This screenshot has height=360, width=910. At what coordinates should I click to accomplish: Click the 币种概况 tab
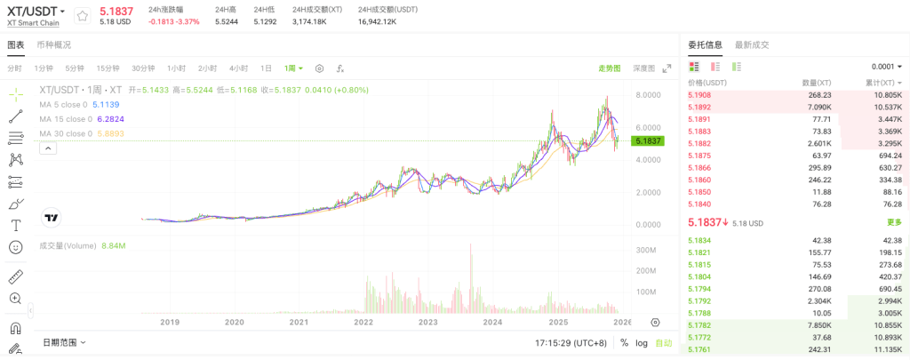(x=54, y=45)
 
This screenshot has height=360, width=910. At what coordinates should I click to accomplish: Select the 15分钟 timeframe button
(x=108, y=68)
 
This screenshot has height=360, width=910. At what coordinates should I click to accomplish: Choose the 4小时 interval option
(x=238, y=68)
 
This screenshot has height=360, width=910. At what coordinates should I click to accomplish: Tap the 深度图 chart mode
(x=643, y=68)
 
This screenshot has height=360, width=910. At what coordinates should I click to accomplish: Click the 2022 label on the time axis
(x=363, y=323)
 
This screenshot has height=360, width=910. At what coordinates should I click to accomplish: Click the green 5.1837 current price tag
(x=647, y=141)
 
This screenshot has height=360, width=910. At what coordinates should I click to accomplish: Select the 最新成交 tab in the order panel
(x=752, y=45)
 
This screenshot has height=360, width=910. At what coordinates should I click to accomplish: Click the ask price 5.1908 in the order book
(x=700, y=95)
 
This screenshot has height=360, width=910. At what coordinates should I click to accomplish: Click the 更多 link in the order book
(x=894, y=222)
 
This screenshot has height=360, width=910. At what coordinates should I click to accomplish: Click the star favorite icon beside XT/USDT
(x=82, y=15)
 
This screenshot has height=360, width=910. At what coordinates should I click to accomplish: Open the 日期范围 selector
(x=65, y=342)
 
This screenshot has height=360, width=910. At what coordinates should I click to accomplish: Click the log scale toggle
(x=642, y=342)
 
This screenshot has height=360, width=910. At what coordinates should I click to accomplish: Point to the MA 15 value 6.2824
(x=110, y=119)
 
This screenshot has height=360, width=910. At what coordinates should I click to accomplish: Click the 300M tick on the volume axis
(x=645, y=251)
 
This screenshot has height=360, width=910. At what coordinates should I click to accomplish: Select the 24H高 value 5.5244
(x=227, y=21)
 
